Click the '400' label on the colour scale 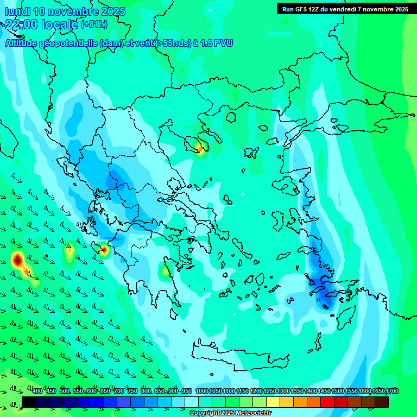[37, 391]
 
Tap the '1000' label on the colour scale [202, 391]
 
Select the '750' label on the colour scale [132, 391]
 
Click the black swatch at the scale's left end [29, 402]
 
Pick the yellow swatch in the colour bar [273, 402]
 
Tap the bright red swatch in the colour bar [327, 402]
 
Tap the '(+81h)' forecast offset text [94, 24]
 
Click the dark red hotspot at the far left [17, 260]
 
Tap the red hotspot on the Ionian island [104, 250]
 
